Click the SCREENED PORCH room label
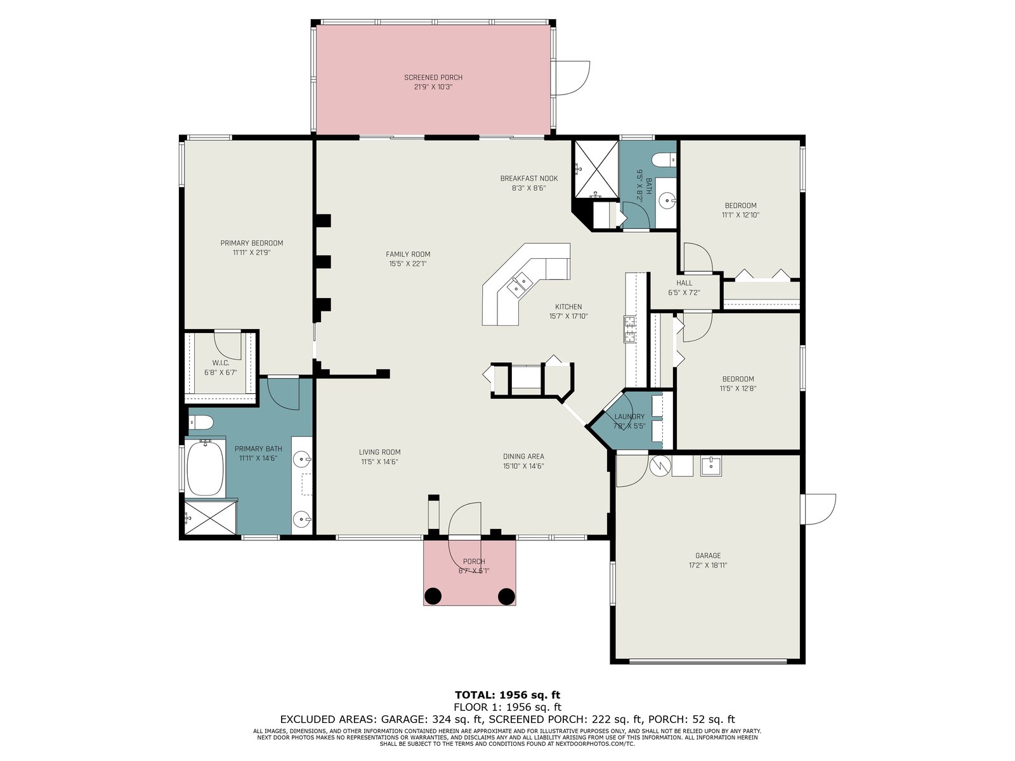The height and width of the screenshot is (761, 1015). [433, 77]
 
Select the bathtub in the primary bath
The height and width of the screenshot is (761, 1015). [205, 467]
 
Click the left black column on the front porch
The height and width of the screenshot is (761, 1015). [433, 596]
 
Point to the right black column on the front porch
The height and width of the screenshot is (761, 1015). [506, 596]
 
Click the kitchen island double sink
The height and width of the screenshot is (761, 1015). [520, 283]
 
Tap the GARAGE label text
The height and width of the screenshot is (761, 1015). [707, 556]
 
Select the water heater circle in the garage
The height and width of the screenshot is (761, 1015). [660, 465]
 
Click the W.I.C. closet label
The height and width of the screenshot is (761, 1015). [221, 363]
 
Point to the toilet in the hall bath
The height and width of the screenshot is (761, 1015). [664, 160]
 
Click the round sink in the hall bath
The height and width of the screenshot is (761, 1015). [666, 200]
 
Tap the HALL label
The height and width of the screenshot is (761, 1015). [684, 283]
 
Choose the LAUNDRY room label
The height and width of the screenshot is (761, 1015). [629, 416]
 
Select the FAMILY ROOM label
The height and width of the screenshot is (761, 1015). [408, 254]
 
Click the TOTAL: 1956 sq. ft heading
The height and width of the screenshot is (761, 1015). [507, 695]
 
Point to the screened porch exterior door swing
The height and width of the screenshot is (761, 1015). [573, 78]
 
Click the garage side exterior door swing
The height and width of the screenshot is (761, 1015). [820, 509]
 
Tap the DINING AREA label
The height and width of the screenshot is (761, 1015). [523, 457]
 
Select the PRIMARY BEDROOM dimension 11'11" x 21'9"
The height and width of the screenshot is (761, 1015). [252, 253]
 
